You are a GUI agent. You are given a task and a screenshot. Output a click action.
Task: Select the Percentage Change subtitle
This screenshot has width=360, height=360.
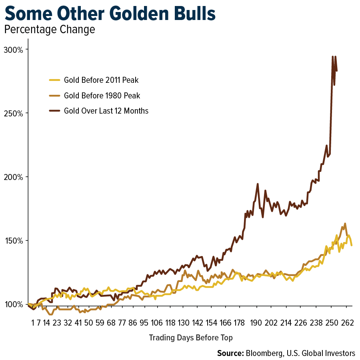click(49, 30)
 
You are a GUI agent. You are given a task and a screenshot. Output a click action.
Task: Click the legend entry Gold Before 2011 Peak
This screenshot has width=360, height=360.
click(101, 80)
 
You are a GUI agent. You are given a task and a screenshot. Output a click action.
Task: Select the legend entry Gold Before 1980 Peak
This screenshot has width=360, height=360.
click(102, 96)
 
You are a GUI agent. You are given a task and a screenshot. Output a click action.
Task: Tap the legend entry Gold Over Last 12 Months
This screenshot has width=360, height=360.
click(106, 111)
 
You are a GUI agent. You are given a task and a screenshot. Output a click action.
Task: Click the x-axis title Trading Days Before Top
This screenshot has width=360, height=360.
click(191, 338)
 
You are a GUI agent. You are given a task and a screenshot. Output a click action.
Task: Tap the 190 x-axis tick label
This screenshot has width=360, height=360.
click(256, 323)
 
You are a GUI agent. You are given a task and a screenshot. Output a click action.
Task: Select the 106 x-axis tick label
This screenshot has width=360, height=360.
click(157, 323)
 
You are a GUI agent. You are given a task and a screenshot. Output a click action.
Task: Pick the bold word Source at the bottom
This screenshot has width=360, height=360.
click(230, 353)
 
